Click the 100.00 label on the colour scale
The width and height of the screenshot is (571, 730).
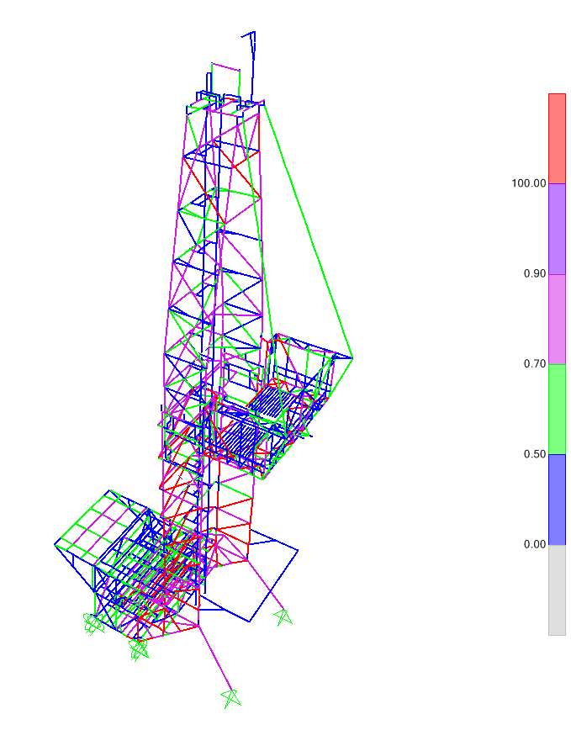(x=528, y=183)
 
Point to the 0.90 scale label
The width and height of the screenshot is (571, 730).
(x=534, y=274)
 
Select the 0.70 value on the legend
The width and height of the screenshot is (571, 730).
(x=534, y=364)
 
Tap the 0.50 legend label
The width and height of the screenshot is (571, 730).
(x=534, y=454)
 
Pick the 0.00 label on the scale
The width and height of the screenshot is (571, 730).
(x=534, y=544)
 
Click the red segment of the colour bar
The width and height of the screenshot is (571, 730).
(x=557, y=138)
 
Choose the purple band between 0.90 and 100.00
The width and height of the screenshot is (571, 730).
(x=557, y=229)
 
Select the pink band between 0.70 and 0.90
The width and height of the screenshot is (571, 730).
(x=557, y=319)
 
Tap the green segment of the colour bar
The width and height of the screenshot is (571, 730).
(x=557, y=409)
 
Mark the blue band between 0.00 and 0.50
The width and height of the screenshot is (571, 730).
(x=557, y=500)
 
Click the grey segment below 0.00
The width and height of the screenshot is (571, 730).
(x=557, y=590)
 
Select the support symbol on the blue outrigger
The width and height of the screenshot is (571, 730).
(x=283, y=617)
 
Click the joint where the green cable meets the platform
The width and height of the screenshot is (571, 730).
(x=352, y=357)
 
